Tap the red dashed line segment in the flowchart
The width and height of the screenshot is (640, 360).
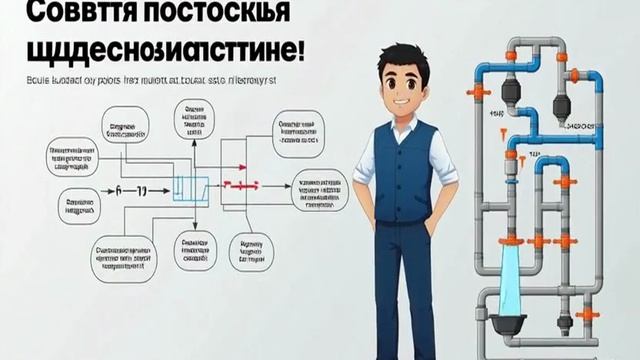click(241, 185)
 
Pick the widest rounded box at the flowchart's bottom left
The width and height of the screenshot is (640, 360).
click(123, 259)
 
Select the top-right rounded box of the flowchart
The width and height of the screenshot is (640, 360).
click(297, 133)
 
